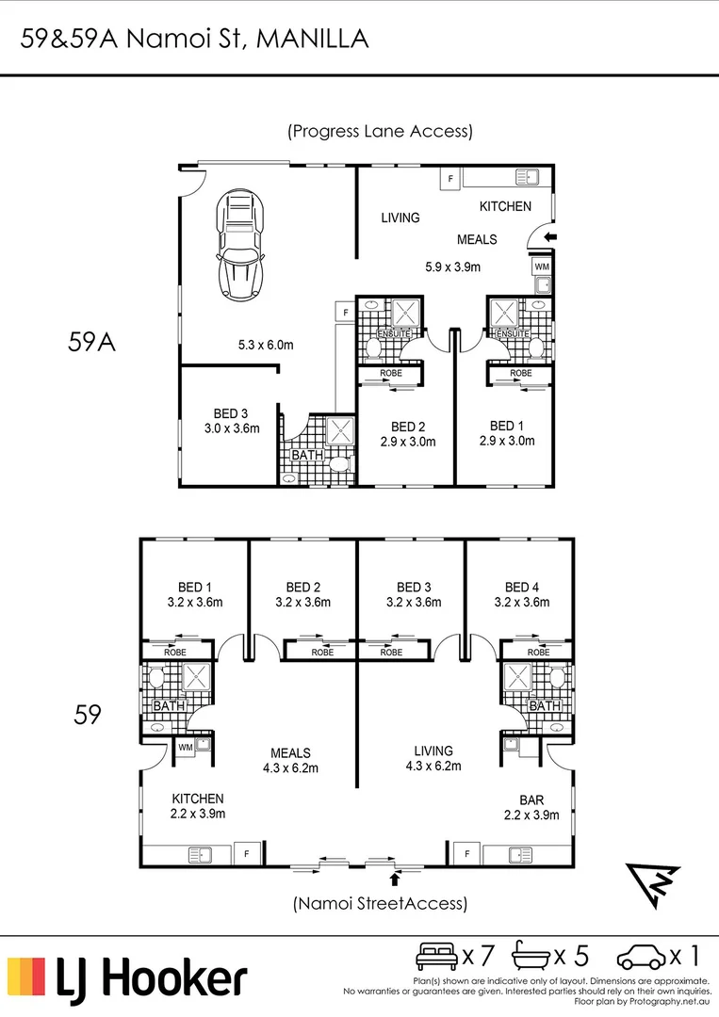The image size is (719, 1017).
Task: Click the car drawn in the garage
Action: [241, 244]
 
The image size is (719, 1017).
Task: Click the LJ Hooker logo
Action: [127, 978]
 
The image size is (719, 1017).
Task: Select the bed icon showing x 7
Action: [436, 956]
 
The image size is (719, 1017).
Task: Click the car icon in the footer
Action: [641, 957]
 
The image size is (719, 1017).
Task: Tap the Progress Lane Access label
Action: [381, 131]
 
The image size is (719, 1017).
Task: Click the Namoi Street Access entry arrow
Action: [394, 879]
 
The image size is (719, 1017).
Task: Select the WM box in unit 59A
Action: [542, 266]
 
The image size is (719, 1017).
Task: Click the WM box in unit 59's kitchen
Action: [186, 747]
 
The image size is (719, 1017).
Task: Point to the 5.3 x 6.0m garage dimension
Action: [266, 345]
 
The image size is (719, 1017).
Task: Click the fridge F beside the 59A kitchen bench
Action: [450, 178]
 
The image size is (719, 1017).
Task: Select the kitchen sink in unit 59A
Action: [527, 176]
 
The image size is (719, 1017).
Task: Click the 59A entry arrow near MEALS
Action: [549, 237]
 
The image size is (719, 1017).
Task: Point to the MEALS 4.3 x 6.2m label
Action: [290, 760]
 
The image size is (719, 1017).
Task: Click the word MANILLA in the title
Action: [313, 39]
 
